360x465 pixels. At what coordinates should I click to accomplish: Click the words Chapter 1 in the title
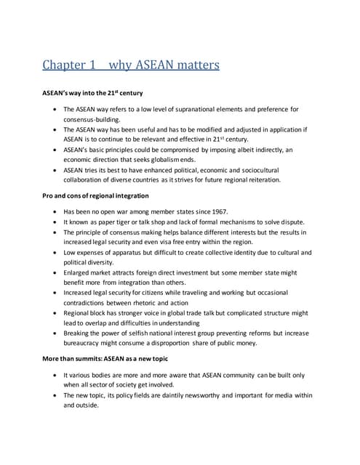pos(71,66)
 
